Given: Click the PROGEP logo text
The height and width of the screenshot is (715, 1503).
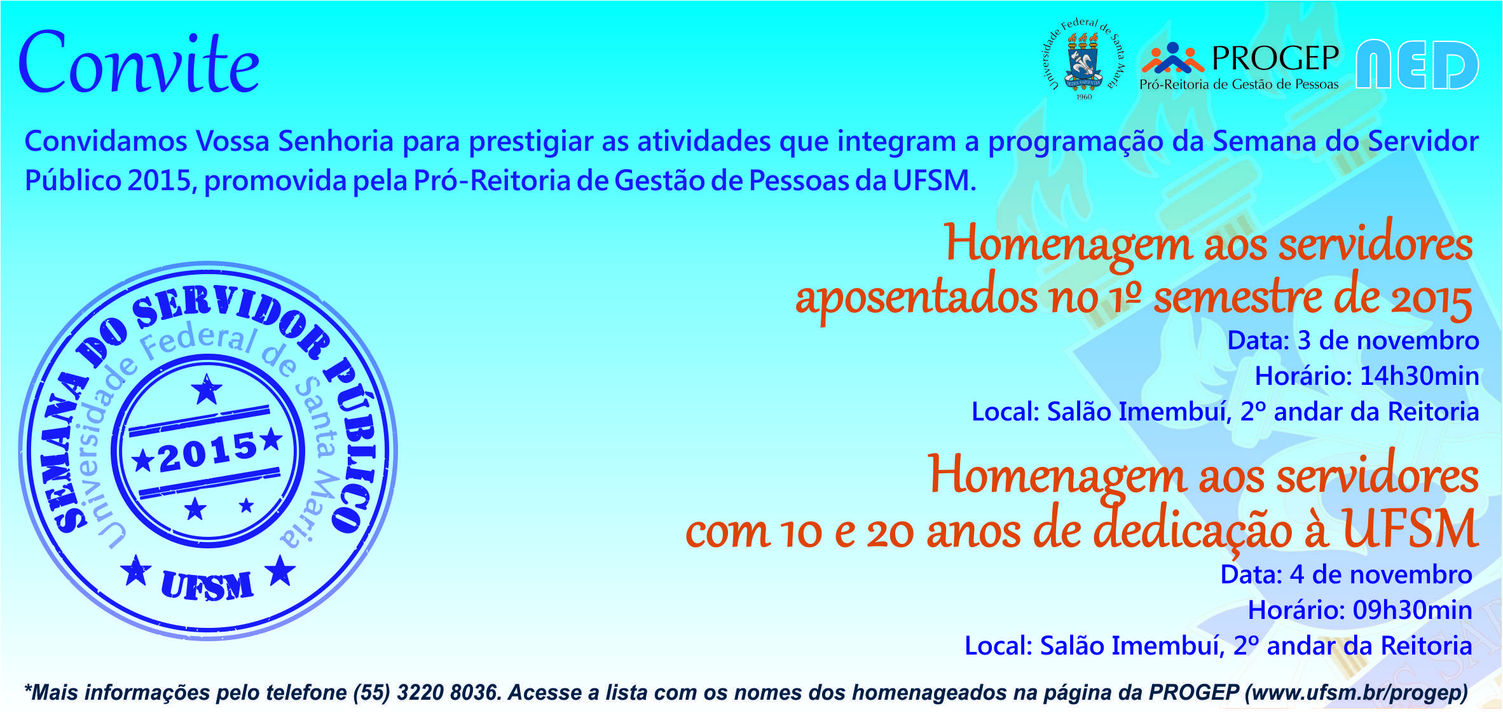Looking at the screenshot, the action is pos(1275,58).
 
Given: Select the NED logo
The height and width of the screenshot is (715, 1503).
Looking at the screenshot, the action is pos(1417,64).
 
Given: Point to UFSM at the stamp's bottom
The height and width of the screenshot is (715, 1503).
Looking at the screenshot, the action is pos(207,585).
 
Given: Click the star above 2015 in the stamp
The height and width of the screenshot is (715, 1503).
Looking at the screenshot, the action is pos(207,389).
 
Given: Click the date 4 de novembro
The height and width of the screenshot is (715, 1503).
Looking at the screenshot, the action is pos(1381,574).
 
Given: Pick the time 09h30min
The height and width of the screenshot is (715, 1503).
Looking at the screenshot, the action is pos(1413,610).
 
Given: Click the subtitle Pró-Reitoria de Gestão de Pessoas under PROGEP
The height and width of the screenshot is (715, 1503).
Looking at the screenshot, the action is pos(1239,84).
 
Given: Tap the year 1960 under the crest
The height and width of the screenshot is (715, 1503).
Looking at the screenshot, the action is pos(1083,97).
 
